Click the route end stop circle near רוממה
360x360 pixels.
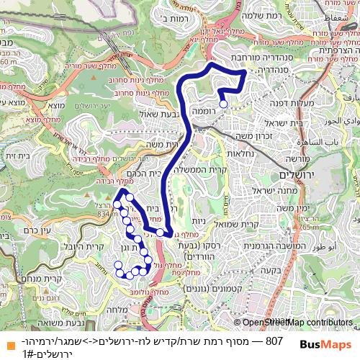coord(223,104)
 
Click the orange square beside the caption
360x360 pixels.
coord(6,340)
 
